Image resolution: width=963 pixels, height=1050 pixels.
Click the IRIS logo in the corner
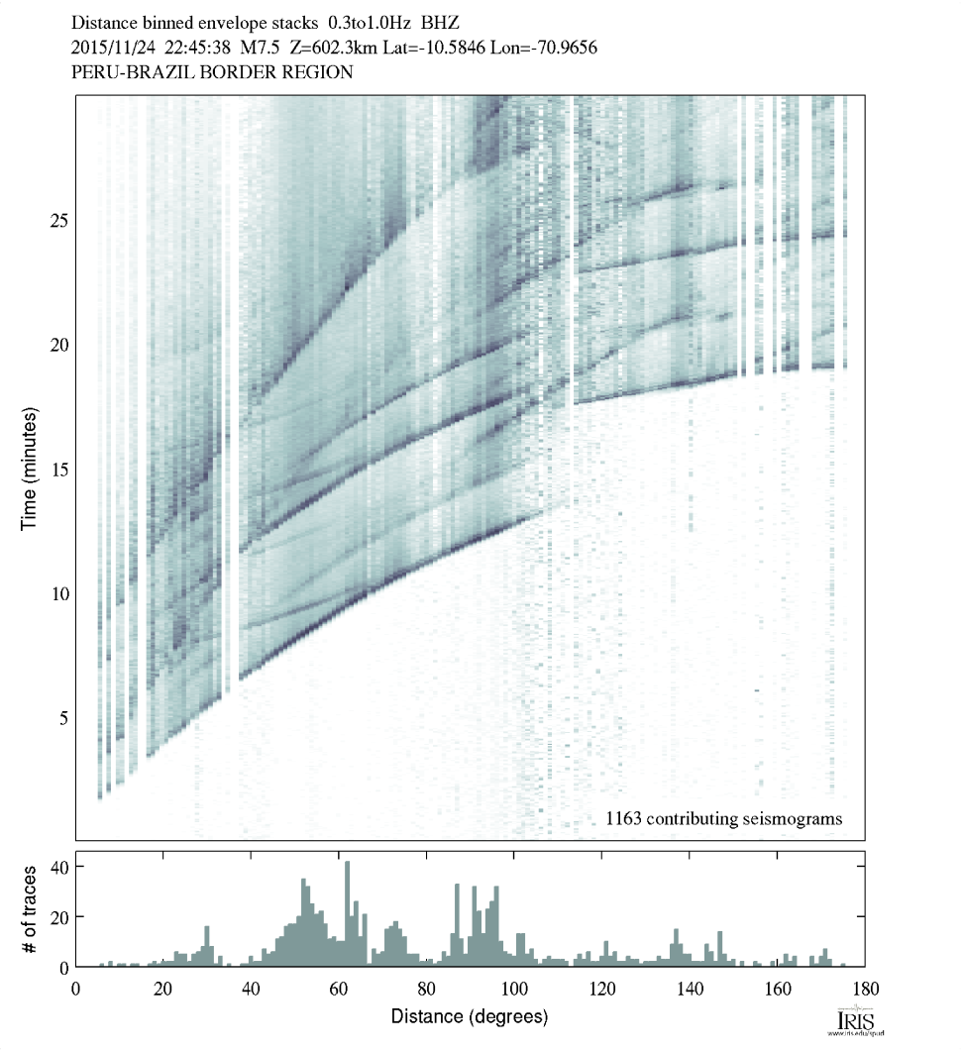(x=856, y=1021)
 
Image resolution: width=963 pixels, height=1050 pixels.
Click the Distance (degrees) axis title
(x=470, y=1016)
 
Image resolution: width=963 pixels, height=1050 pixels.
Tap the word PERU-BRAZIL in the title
(x=128, y=72)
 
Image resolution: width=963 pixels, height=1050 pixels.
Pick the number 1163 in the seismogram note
(x=625, y=818)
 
